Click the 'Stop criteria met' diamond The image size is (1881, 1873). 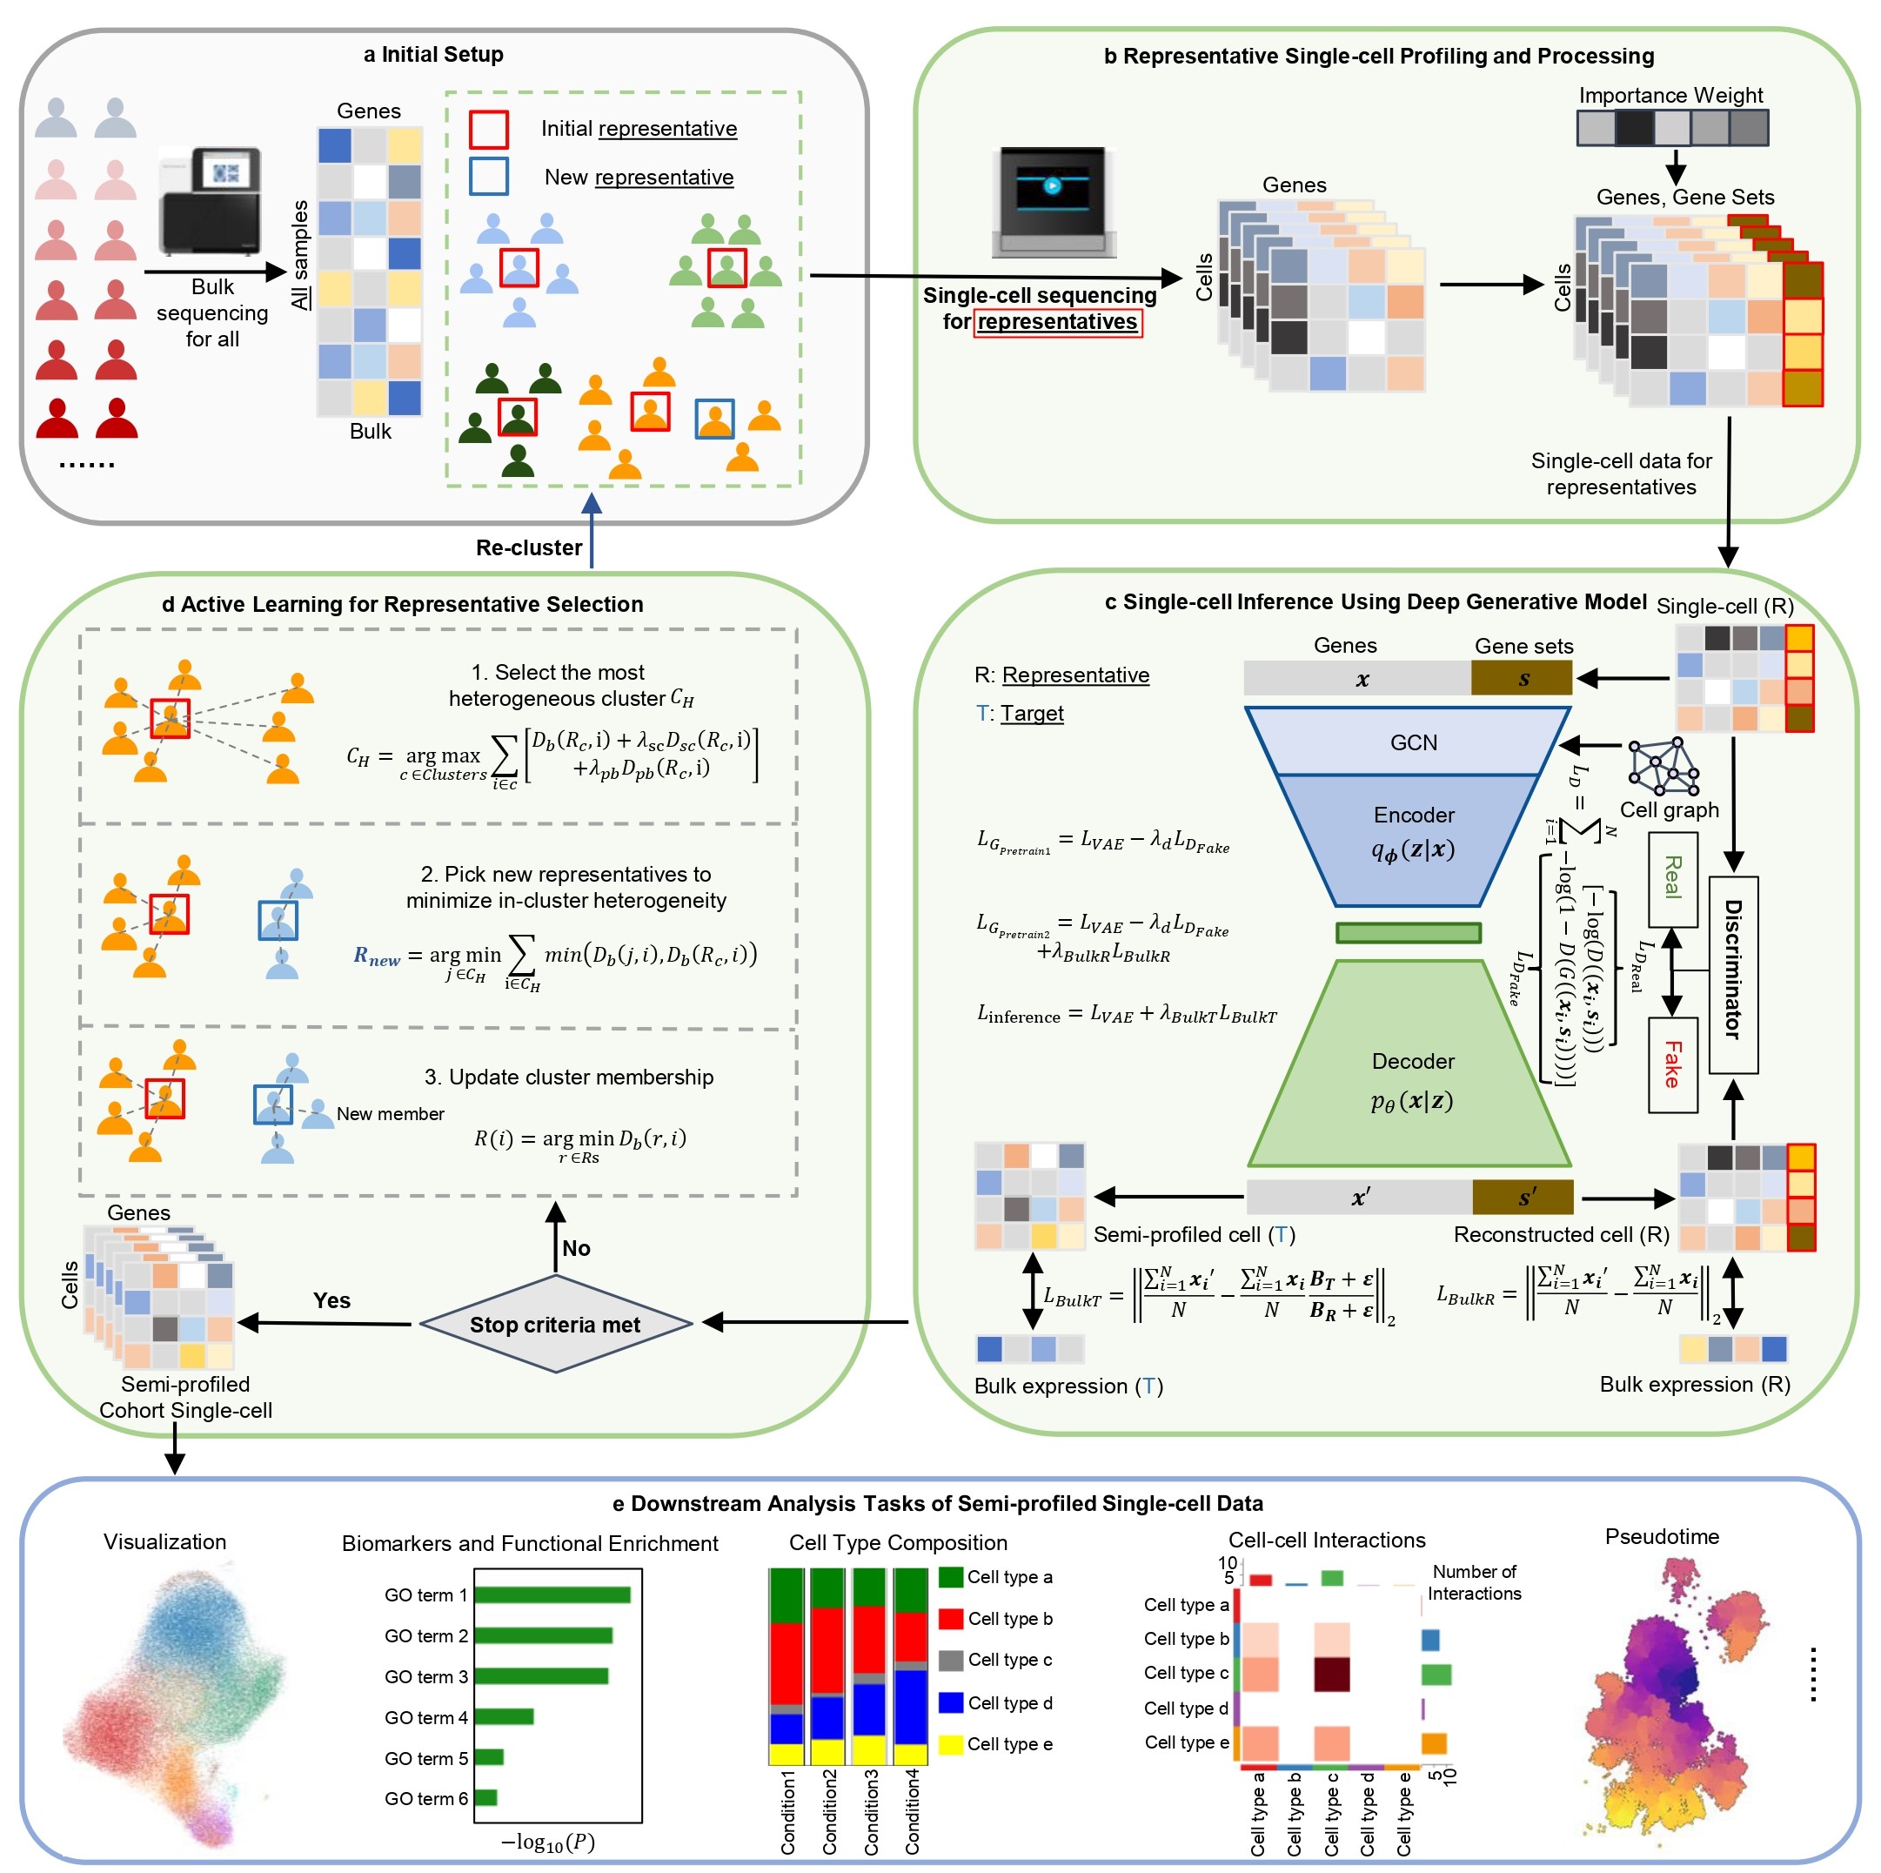pos(555,1324)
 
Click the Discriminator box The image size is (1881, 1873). pos(1733,974)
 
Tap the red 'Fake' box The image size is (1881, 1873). pos(1671,1064)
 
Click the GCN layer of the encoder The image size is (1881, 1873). pos(1412,742)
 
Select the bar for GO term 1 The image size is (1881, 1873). pos(551,1594)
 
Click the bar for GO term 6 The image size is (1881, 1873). pos(485,1797)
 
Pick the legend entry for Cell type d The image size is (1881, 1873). pos(995,1702)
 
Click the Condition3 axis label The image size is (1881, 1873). pos(872,1811)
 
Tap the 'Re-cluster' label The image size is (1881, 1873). pos(529,547)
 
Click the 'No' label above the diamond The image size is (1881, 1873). pos(575,1248)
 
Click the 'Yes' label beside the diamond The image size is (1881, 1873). pos(331,1300)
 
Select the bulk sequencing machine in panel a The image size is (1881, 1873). pos(210,199)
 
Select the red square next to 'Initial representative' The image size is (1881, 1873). pos(488,129)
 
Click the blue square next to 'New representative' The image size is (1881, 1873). pos(488,177)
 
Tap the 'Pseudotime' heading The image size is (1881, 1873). pos(1661,1536)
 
